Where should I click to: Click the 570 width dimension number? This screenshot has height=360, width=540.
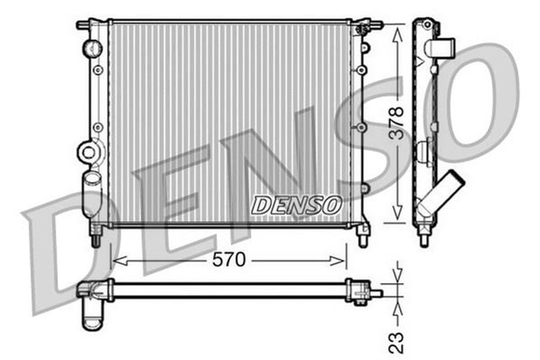(228, 261)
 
